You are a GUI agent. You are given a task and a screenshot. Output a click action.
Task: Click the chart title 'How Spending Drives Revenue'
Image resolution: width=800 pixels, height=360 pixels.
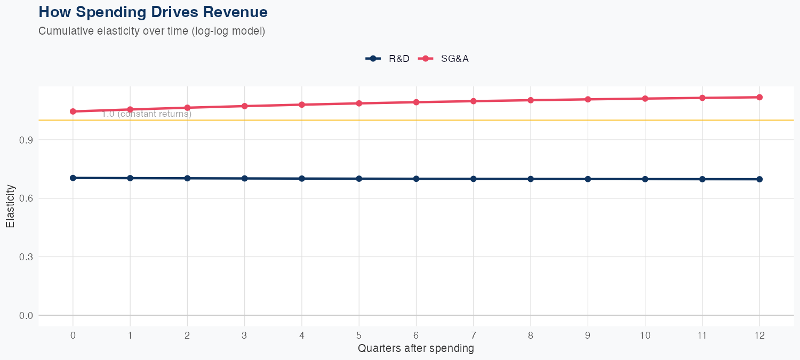click(x=153, y=12)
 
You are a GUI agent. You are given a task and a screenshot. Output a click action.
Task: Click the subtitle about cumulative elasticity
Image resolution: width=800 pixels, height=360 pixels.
click(x=151, y=31)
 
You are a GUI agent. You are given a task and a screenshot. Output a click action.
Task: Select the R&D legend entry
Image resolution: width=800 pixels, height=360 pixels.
click(x=388, y=59)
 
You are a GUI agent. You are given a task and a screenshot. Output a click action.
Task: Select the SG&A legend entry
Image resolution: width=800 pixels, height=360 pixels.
click(x=443, y=59)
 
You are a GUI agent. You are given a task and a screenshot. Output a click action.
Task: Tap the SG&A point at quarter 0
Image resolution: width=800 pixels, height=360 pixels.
click(x=73, y=111)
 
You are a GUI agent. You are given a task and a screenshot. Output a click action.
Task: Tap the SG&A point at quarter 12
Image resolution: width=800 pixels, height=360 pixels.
click(x=759, y=97)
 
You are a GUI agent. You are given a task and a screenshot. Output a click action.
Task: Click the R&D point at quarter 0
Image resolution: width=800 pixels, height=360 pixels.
click(x=73, y=178)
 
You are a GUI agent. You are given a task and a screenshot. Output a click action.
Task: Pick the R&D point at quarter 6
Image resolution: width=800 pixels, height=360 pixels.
click(x=416, y=179)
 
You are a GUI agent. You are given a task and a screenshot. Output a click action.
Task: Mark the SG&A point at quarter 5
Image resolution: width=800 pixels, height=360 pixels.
click(x=359, y=103)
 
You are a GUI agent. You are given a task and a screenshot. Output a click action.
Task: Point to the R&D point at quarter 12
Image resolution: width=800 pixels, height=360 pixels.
click(x=759, y=179)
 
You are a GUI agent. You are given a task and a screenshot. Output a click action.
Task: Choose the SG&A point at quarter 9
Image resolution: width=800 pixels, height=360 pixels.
click(x=588, y=99)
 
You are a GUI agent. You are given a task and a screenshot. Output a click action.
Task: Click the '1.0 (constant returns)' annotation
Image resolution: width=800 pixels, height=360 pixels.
click(x=147, y=114)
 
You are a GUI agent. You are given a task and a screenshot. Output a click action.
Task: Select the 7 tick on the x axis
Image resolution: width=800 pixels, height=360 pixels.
click(x=474, y=335)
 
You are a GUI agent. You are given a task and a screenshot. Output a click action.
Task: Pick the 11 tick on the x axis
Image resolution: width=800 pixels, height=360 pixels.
click(x=702, y=335)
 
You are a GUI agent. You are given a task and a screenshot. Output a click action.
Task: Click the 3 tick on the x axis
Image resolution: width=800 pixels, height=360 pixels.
click(x=244, y=335)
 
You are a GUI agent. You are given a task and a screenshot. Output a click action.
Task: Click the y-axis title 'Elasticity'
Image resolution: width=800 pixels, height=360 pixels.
click(x=10, y=206)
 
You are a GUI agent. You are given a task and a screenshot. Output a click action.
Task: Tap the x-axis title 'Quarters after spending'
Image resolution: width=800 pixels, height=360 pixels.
click(x=416, y=349)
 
